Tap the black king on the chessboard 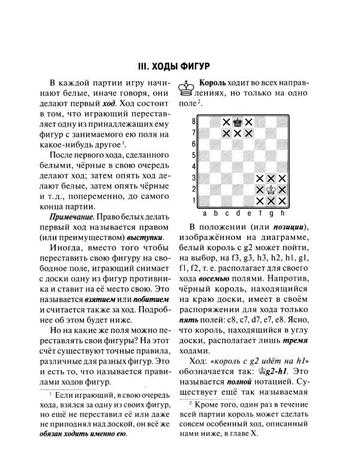[238, 122]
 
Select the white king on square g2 [271, 189]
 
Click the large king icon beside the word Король [187, 89]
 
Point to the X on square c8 [226, 122]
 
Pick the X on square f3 [260, 178]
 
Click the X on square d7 [238, 133]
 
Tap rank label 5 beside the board [194, 155]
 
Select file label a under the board [205, 212]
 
